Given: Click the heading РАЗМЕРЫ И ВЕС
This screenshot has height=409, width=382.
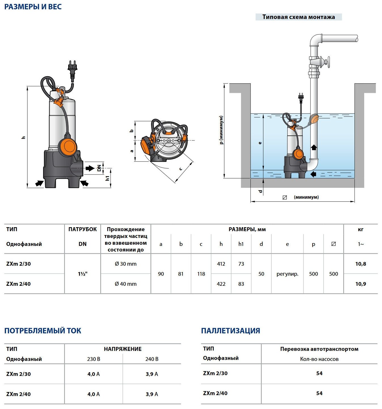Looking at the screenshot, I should click(33, 7).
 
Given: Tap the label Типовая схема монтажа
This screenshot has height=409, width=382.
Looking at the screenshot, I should click(298, 17).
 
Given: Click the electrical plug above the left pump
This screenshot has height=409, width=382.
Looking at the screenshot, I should click(73, 69).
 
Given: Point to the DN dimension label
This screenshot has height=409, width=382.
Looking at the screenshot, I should click(99, 168).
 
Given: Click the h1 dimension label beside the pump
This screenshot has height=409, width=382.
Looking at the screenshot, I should click(107, 178).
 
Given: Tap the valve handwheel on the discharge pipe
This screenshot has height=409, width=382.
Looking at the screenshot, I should click(328, 62).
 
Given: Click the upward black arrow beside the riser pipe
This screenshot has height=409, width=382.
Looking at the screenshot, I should click(314, 147).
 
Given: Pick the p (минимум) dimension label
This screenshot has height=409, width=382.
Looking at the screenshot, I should click(221, 130).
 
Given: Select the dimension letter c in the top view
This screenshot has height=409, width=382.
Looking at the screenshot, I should click(181, 169).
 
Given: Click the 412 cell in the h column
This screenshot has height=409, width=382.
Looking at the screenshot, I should click(221, 264).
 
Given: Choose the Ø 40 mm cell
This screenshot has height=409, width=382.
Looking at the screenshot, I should click(126, 284).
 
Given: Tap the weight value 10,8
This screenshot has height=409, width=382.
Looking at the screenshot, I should click(360, 264).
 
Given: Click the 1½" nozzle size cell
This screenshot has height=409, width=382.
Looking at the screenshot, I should click(82, 274).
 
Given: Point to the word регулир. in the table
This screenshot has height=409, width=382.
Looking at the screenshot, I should click(287, 274).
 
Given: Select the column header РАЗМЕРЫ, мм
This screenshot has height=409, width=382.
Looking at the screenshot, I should click(247, 229).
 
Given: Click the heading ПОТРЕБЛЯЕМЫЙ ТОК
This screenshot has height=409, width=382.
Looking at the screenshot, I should click(43, 331).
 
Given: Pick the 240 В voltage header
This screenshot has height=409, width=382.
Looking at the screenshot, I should click(152, 359).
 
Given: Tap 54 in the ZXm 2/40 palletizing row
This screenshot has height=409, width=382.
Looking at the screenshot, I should click(319, 393).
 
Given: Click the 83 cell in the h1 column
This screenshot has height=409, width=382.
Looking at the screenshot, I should click(241, 284).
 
